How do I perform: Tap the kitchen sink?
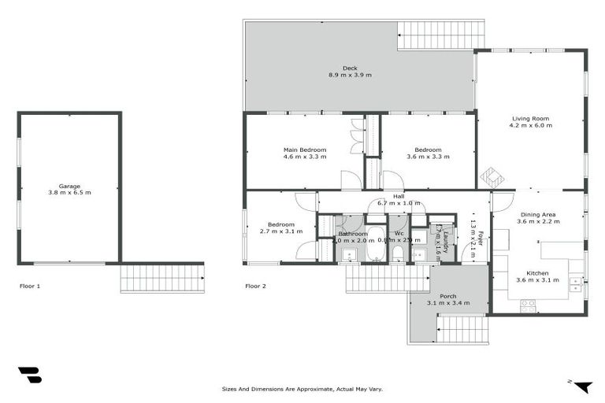coord(576,281)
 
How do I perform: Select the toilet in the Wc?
coord(398,253)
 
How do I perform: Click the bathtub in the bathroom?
coord(375,244)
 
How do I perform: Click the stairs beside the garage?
coord(162,278)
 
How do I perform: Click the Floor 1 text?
coord(29,286)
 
